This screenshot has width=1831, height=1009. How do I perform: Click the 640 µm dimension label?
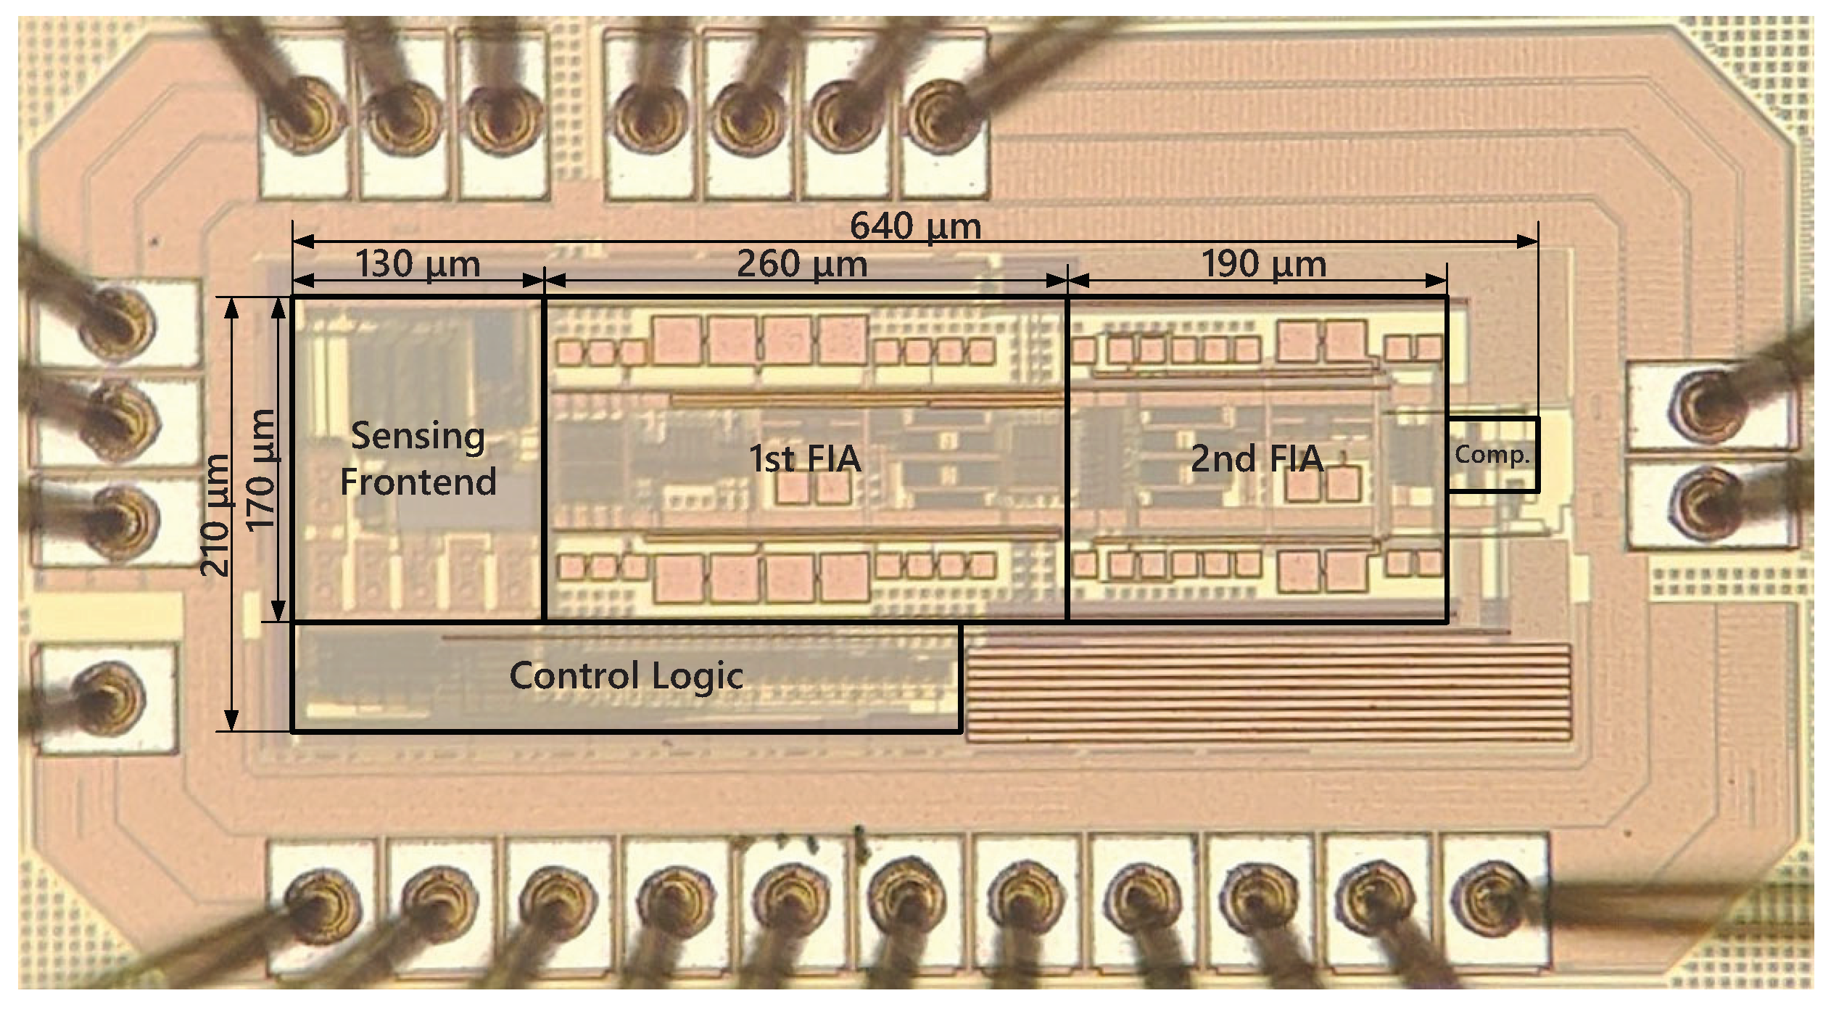tap(915, 226)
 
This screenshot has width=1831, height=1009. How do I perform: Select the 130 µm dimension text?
tap(418, 264)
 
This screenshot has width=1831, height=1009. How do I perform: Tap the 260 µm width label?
tap(802, 264)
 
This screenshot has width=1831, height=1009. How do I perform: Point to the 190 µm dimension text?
tap(1263, 264)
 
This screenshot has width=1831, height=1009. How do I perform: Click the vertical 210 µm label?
tap(215, 515)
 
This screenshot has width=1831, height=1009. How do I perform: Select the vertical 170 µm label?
tap(261, 470)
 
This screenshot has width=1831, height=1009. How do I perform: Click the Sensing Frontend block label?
tap(418, 458)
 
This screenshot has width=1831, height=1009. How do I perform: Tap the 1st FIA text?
tap(805, 458)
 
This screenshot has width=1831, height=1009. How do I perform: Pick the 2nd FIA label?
tap(1257, 458)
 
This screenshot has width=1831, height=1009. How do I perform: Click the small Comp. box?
tap(1492, 456)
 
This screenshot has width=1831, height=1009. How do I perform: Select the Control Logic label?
tap(626, 676)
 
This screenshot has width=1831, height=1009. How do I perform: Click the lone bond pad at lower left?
tap(107, 698)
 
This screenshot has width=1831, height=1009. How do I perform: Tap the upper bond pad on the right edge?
tap(1711, 406)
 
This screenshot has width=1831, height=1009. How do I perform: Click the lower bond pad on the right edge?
tap(1711, 503)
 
